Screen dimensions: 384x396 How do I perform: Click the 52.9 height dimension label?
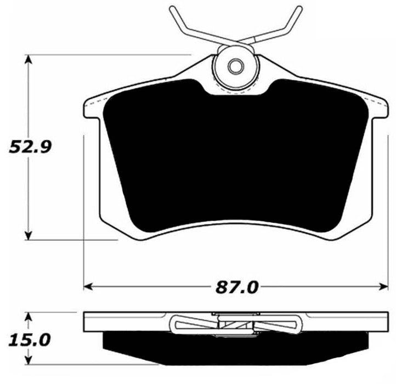coord(29,147)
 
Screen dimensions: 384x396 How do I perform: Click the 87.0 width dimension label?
coord(236,286)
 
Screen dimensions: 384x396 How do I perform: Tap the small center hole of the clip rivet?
coord(236,66)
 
